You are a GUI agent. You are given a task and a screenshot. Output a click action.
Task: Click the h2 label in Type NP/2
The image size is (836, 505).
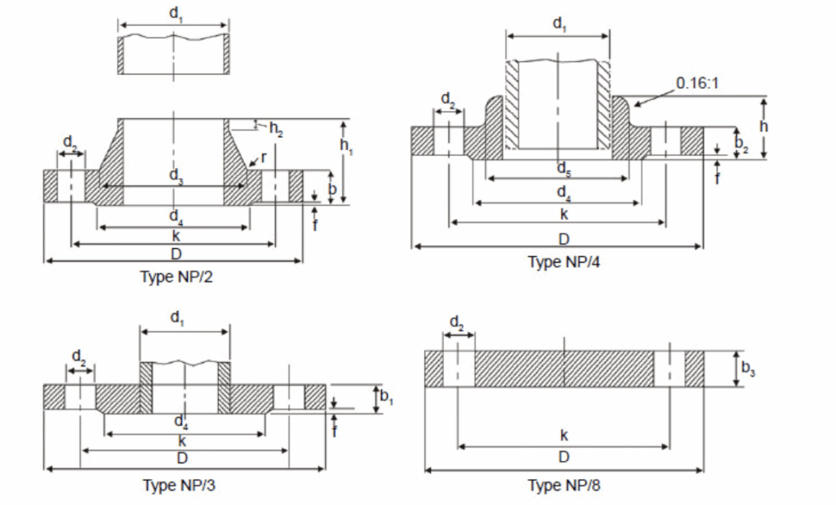[276, 129]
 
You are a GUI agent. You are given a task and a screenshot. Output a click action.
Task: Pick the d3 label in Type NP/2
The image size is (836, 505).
[176, 175]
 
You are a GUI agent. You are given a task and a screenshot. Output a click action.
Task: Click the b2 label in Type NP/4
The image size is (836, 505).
[740, 144]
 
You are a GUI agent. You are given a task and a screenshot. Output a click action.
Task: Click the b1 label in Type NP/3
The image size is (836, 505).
[387, 397]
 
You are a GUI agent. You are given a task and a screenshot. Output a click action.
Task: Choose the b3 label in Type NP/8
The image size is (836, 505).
[748, 369]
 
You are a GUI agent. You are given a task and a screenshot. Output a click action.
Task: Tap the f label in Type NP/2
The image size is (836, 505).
[315, 224]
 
